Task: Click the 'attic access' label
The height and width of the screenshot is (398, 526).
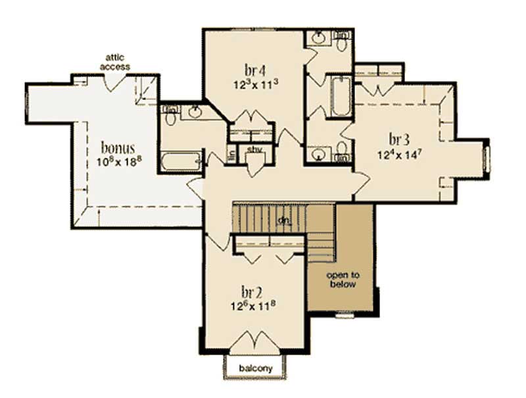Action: click(114, 62)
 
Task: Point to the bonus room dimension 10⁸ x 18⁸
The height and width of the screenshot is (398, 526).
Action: click(118, 161)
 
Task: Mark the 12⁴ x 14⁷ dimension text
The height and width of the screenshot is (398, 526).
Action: click(399, 155)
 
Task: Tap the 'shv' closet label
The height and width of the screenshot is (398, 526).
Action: click(254, 149)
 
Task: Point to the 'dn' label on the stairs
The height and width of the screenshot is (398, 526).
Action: click(284, 219)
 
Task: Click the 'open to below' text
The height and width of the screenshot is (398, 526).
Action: click(343, 280)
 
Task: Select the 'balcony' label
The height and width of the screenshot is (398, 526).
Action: click(257, 368)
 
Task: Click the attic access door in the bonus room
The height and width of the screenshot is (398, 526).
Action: click(116, 82)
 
